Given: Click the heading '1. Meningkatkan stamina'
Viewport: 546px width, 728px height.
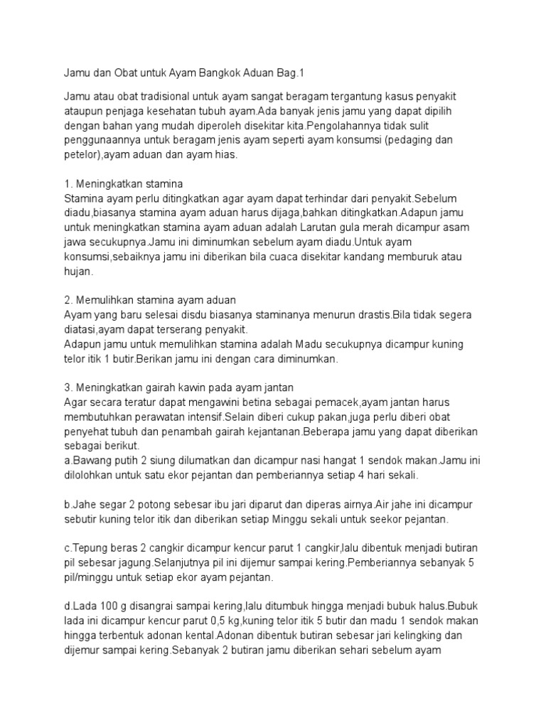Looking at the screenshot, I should tap(124, 183).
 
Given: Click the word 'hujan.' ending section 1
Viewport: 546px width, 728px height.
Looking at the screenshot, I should tap(79, 271).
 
